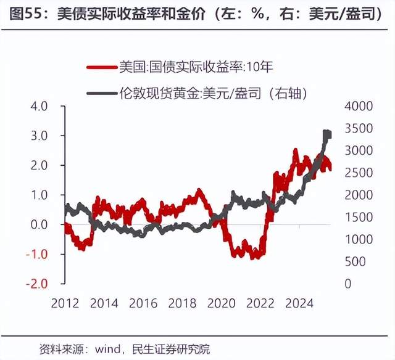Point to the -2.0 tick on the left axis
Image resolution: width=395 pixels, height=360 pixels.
[x=37, y=284]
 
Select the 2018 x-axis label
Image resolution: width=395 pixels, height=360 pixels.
[x=183, y=303]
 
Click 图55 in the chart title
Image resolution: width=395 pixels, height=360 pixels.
[x=23, y=14]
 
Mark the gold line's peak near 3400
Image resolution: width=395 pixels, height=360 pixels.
[x=327, y=133]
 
